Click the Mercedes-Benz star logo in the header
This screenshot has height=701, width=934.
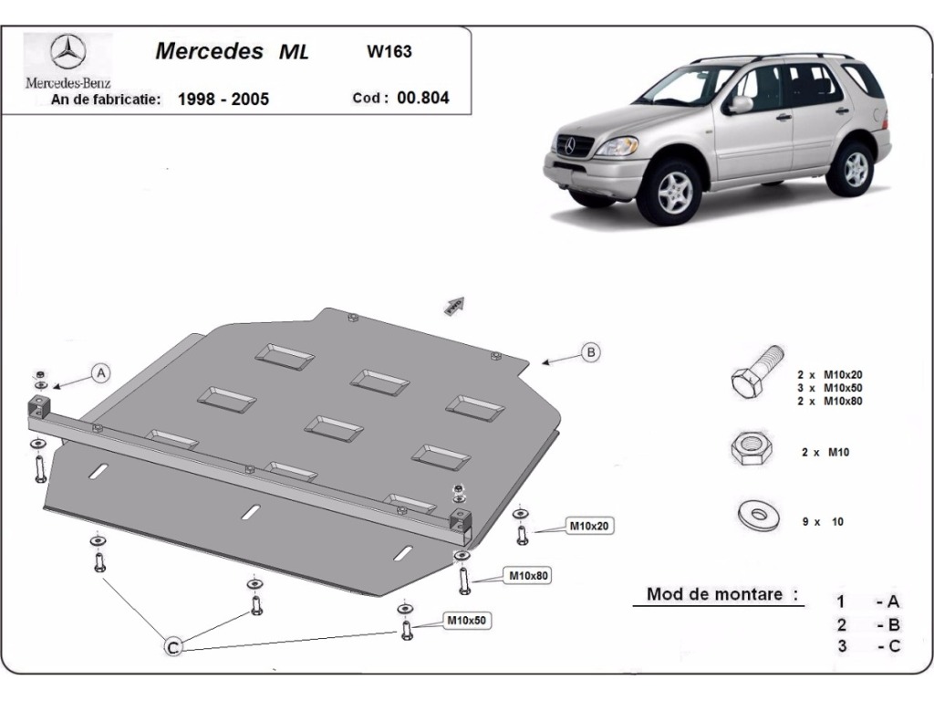(67, 54)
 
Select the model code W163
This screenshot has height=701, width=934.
(389, 52)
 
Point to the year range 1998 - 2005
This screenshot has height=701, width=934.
(223, 99)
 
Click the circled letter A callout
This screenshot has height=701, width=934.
(101, 371)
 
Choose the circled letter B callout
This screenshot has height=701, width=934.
(591, 352)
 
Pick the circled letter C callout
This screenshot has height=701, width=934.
(171, 647)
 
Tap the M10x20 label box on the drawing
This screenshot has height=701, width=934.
(589, 525)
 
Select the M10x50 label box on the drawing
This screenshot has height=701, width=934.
(466, 621)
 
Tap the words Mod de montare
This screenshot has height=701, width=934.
(715, 594)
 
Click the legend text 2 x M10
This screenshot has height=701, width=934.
(825, 452)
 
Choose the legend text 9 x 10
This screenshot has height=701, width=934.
(823, 521)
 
